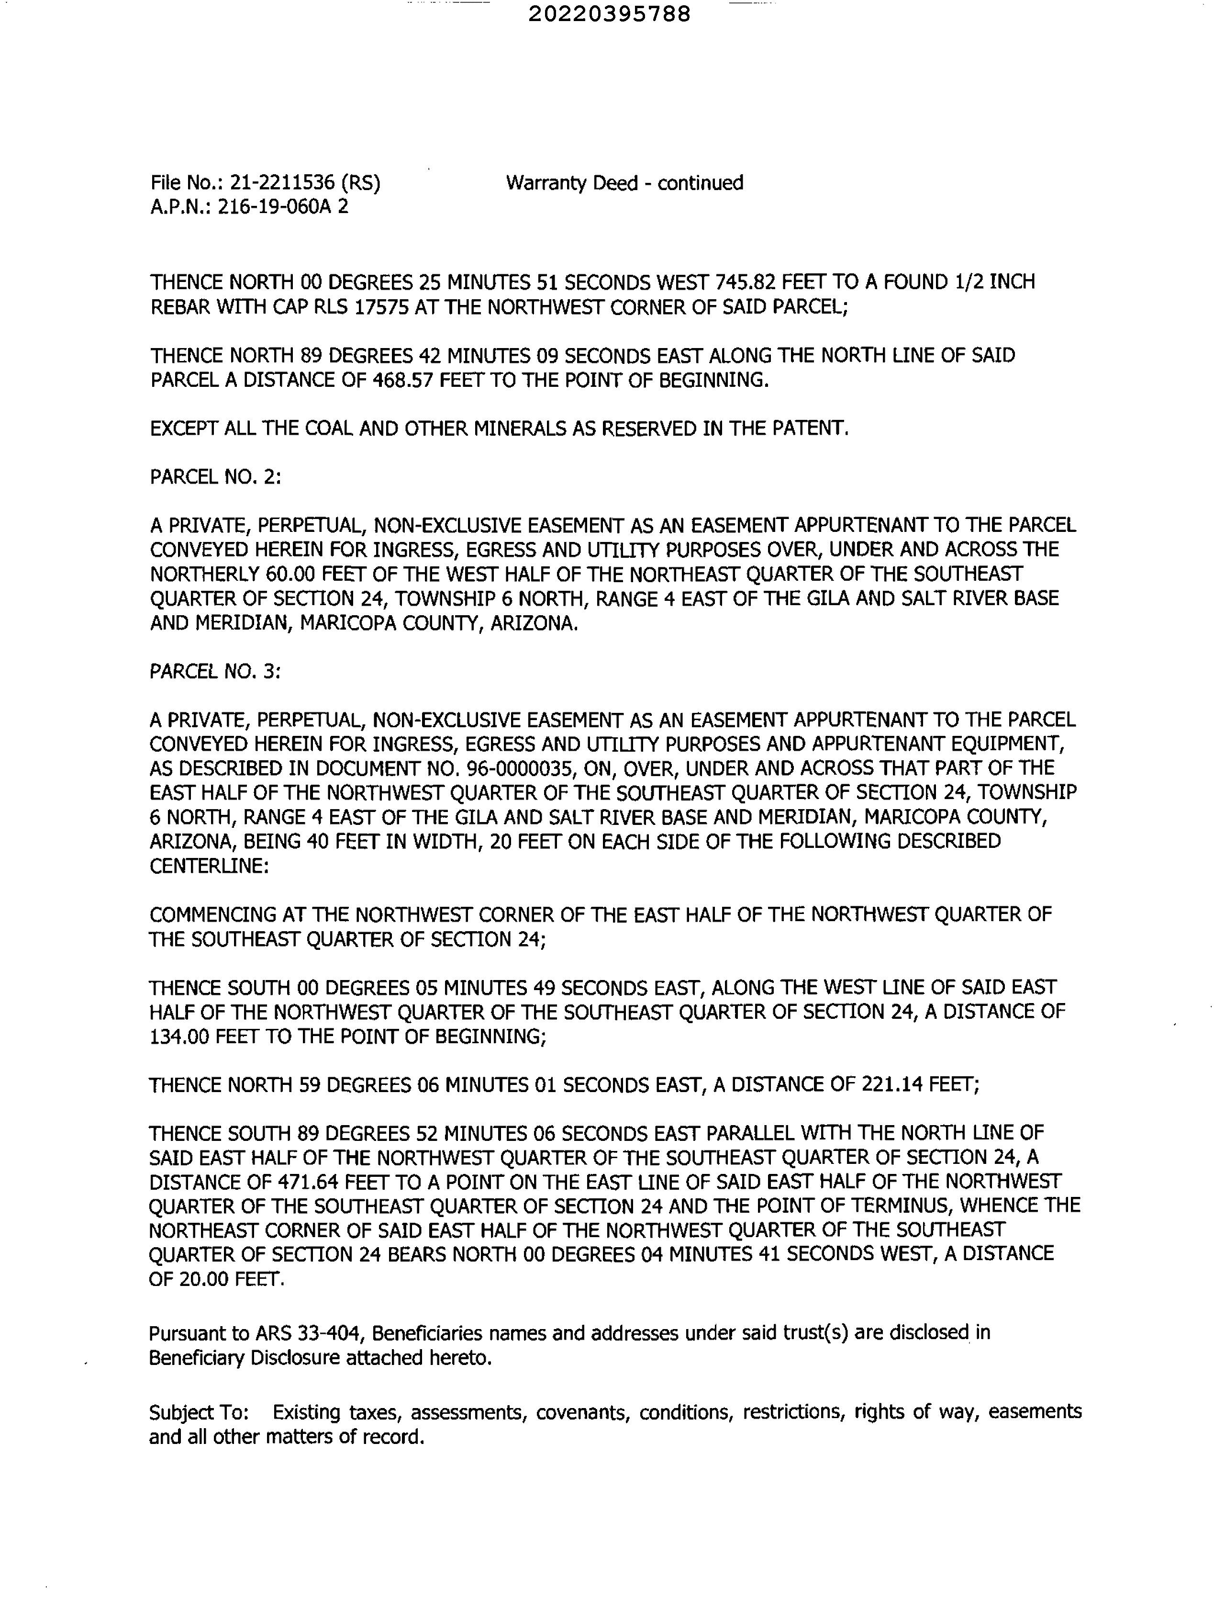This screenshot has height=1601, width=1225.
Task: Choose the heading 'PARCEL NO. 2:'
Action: point(215,477)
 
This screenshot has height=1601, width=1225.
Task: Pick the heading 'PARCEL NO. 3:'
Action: point(215,672)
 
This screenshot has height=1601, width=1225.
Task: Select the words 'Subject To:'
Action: point(198,1413)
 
